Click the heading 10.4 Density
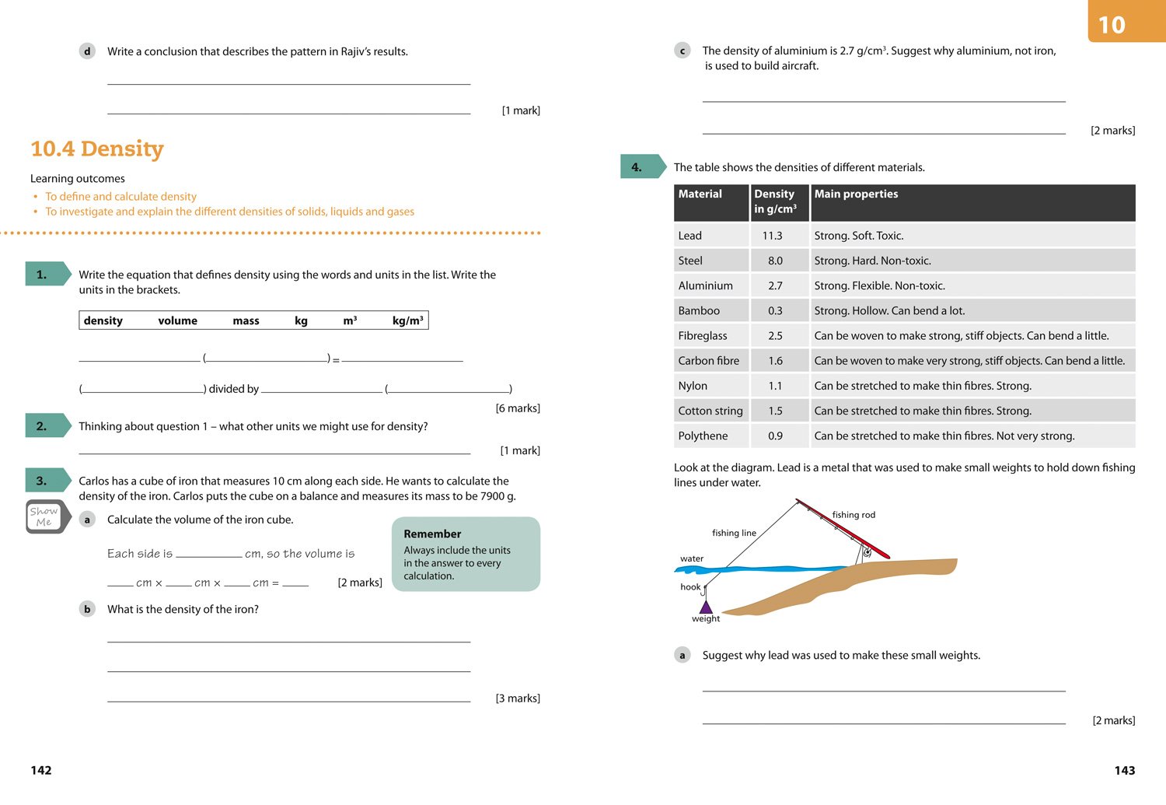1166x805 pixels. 97,149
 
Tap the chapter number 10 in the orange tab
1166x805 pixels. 1112,25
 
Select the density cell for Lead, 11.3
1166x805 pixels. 772,236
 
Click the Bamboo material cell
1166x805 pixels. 699,310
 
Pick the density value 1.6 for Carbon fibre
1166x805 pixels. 775,361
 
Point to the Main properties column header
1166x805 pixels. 856,194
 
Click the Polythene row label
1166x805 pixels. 703,436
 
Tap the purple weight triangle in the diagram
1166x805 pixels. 706,606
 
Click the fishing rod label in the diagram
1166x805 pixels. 853,515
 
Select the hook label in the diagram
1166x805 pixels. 690,587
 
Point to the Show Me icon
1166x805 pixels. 44,516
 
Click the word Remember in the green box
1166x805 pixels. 432,534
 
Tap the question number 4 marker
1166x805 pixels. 637,167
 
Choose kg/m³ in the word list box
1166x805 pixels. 407,320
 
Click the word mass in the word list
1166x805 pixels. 246,320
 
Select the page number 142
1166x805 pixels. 41,770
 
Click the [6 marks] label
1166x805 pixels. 518,408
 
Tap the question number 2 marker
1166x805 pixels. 42,426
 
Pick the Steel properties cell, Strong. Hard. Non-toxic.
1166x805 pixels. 872,261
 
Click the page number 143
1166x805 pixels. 1124,770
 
